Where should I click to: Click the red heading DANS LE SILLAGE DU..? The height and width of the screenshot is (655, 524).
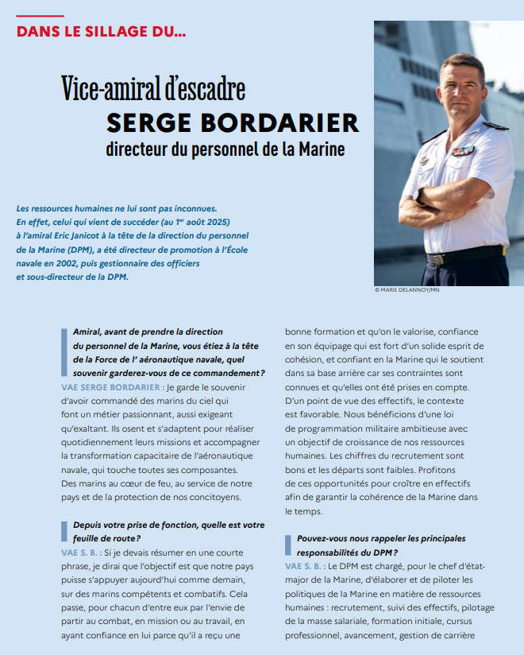click(101, 33)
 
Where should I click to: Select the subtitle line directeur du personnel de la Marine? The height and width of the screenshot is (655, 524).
click(226, 149)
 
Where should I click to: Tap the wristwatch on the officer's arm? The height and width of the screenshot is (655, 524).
click(418, 195)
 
